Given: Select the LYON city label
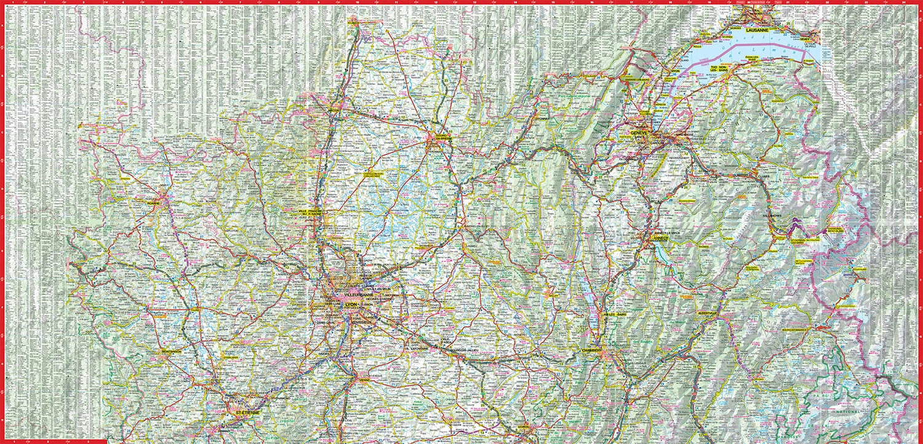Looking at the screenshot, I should click(351, 304).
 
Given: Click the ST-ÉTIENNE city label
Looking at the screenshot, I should click(244, 412).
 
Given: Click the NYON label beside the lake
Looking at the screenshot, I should click(676, 70).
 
